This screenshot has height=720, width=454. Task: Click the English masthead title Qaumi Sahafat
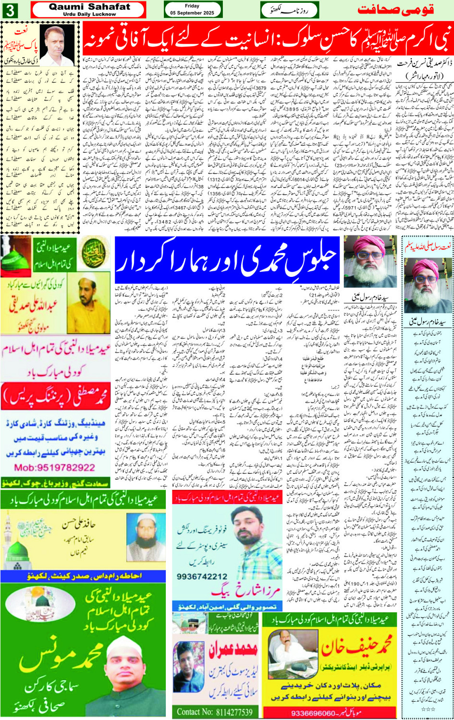[89, 7]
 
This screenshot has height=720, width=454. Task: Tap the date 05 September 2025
[192, 13]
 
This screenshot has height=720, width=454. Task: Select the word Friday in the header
[192, 6]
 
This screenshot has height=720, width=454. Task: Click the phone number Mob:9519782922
[54, 467]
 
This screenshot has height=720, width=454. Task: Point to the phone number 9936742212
[202, 576]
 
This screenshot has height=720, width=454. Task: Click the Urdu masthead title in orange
[396, 10]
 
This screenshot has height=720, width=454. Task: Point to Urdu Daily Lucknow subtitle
[89, 14]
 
